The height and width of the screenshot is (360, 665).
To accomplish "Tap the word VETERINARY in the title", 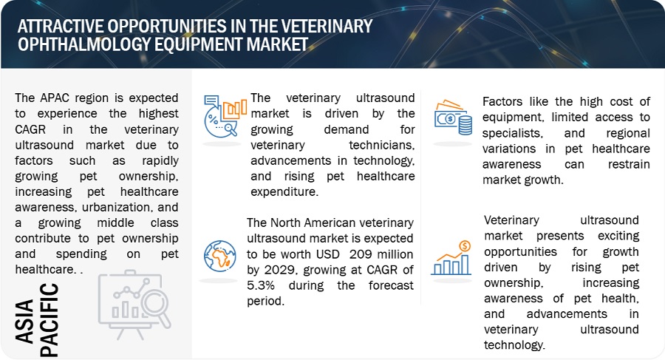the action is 327,27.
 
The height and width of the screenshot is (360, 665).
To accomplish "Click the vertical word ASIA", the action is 24,321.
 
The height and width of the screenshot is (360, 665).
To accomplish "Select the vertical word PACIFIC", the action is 49,319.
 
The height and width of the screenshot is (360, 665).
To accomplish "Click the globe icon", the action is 219,256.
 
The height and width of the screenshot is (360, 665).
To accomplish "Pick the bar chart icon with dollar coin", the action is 451,258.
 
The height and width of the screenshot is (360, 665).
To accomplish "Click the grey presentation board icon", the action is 134,305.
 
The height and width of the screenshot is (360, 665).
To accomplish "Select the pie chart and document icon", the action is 225,115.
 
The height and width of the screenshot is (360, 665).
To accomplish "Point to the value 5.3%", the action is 261,285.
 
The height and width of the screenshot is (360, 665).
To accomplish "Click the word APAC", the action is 55,98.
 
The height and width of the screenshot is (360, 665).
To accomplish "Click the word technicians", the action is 382,145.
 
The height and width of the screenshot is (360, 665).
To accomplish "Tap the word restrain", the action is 629,164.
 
